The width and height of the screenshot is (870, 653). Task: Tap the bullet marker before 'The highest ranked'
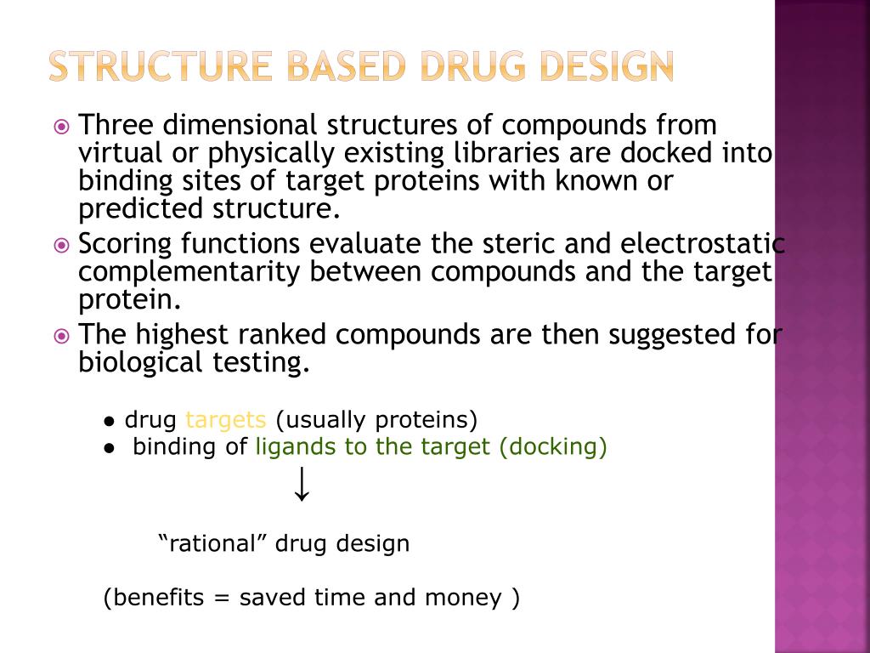coord(61,337)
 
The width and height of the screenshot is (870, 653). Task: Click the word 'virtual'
coord(120,154)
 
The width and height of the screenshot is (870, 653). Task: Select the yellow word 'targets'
coord(226,420)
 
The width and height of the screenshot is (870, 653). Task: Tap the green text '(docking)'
coord(553,447)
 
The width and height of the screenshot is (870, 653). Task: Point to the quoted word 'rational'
coord(213,543)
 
